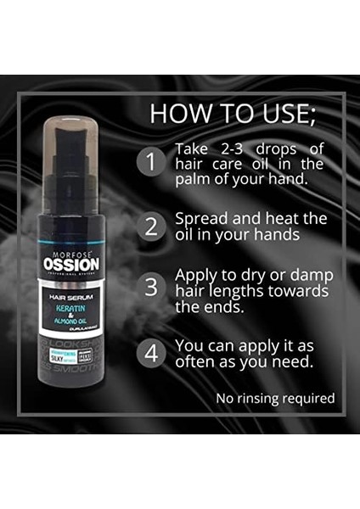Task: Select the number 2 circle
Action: (x=152, y=226)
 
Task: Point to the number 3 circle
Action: (x=152, y=286)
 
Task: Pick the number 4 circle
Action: (x=152, y=352)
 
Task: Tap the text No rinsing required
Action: (x=274, y=398)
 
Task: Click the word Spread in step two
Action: (x=198, y=218)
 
